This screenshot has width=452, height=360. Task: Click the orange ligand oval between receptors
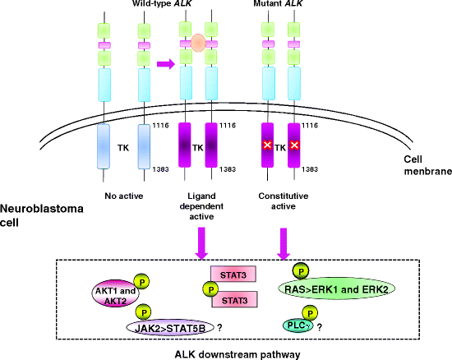point(196,41)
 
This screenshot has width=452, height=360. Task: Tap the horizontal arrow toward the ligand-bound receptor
point(167,63)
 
